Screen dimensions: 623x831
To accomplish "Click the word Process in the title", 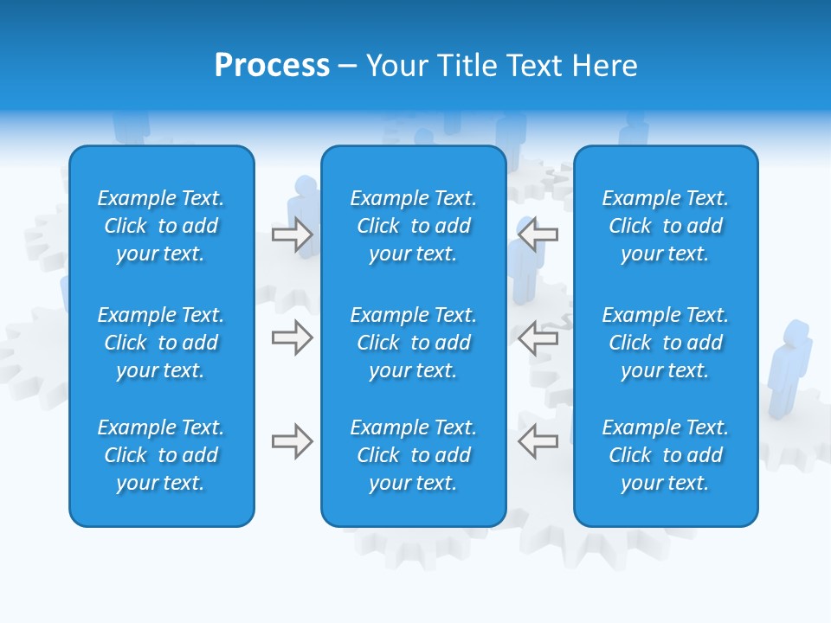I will (272, 66).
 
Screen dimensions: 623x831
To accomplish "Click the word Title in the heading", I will (467, 66).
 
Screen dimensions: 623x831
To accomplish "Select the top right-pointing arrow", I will (292, 234).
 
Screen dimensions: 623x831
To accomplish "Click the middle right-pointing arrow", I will (292, 337).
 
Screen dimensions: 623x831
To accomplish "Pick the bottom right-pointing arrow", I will (292, 441).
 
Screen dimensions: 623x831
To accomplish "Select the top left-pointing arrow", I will (538, 234).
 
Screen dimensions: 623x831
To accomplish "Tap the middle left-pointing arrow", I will (538, 337).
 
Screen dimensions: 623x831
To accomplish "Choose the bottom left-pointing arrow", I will (538, 441).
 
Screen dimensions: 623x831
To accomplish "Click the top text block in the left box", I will (161, 226).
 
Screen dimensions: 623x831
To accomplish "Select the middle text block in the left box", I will (161, 343).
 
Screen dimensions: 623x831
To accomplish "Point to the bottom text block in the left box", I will (161, 455).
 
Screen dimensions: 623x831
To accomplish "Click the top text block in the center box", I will (414, 226).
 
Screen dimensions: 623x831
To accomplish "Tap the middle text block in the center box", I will (414, 343).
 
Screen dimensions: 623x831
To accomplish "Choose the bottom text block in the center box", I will (414, 455).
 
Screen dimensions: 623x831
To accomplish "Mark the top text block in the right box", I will (666, 226).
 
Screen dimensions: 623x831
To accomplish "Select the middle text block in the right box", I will (666, 343).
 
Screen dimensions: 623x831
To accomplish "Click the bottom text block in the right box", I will (666, 455).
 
